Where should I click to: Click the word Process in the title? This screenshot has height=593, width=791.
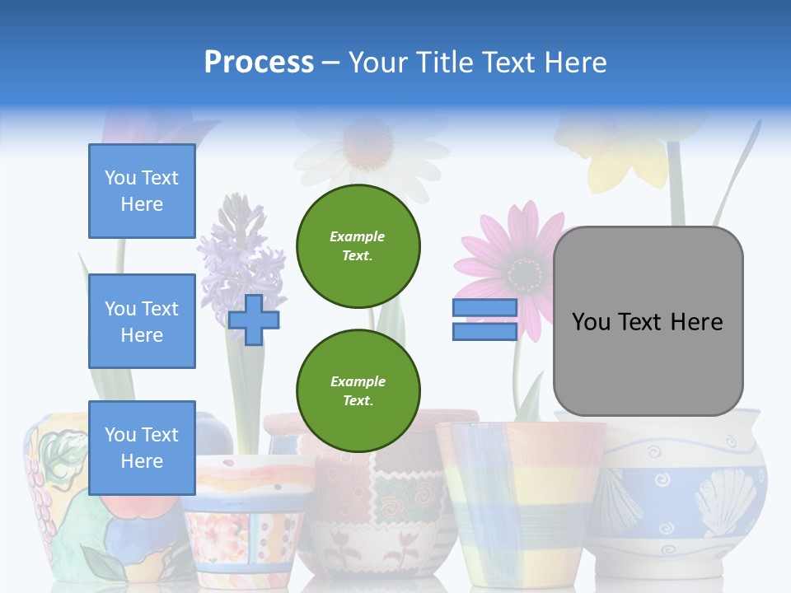(x=259, y=63)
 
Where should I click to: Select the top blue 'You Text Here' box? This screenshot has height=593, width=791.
(x=142, y=191)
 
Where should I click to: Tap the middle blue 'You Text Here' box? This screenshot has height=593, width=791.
(x=142, y=321)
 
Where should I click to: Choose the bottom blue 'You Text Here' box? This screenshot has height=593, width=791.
(x=142, y=448)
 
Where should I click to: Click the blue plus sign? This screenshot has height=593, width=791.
(x=254, y=320)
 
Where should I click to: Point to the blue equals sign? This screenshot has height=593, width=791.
(x=484, y=320)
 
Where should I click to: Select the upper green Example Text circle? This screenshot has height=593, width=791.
(x=358, y=246)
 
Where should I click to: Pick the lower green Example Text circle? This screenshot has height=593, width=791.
(x=358, y=391)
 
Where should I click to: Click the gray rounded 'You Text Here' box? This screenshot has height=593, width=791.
(x=648, y=321)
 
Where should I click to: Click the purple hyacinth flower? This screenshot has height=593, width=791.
(x=243, y=255)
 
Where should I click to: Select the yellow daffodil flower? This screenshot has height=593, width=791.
(x=626, y=161)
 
